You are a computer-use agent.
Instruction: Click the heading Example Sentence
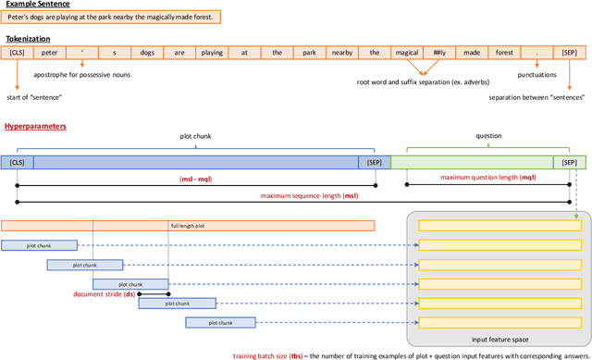(37, 5)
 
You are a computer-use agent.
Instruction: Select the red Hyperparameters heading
(35, 125)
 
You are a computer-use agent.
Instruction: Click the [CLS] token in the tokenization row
(18, 54)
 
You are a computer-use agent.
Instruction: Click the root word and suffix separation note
(423, 82)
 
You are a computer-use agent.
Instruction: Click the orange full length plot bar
(188, 225)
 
